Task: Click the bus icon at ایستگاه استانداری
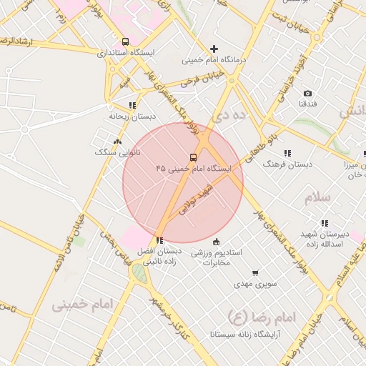(x=126, y=41)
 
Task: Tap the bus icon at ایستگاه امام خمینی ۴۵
(x=193, y=157)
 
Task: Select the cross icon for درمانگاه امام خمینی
(x=214, y=49)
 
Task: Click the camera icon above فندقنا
(x=307, y=94)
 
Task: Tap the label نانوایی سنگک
(x=118, y=152)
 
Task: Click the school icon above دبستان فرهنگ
(x=287, y=153)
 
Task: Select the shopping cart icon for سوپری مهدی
(x=255, y=273)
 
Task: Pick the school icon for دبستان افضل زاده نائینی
(x=159, y=240)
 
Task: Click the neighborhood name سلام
(x=320, y=197)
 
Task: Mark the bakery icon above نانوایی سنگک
(x=118, y=142)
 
